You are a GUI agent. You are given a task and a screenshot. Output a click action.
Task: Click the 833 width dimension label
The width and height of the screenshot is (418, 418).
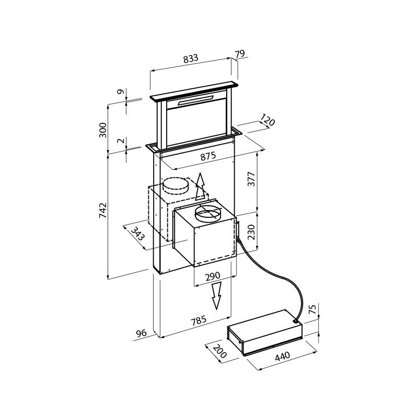point(191,59)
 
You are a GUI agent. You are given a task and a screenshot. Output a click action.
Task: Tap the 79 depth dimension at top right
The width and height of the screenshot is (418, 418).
point(240,54)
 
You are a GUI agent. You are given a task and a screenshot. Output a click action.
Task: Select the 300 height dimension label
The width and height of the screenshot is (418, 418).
point(102,130)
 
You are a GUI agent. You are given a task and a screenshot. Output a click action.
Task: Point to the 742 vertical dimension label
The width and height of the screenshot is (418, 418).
point(103,211)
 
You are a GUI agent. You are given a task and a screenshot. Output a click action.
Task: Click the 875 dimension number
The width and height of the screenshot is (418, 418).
point(208,156)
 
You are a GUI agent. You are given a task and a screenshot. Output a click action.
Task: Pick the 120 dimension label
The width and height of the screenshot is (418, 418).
point(268,120)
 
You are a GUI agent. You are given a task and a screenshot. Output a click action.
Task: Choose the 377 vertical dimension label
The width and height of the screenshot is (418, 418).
point(251,179)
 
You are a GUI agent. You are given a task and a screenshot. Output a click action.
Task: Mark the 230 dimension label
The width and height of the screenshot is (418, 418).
point(251,232)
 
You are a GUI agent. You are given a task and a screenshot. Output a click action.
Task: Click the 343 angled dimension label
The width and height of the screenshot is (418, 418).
point(138,233)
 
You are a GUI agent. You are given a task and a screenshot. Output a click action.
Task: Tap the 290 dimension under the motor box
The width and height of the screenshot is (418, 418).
point(213,276)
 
